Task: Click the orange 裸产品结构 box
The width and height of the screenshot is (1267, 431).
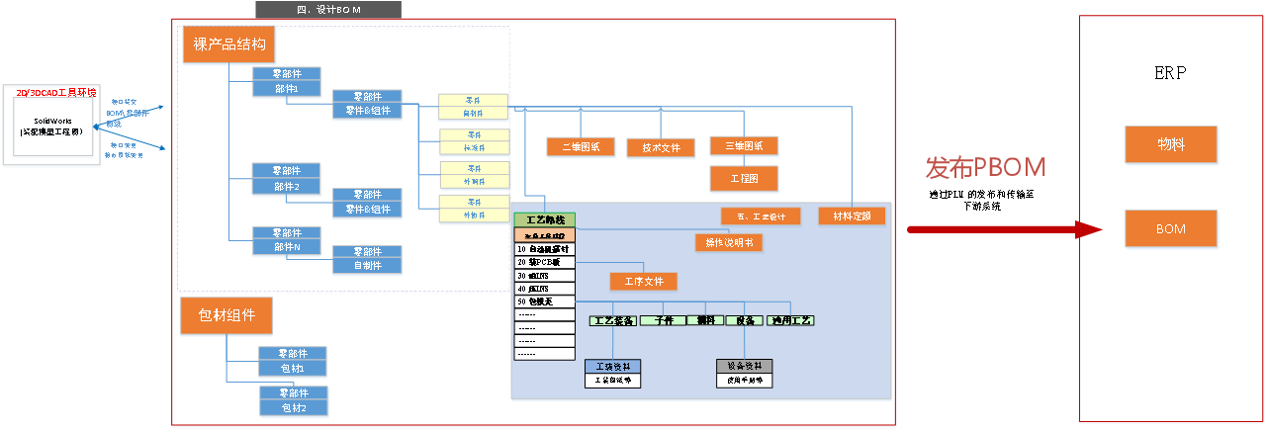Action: click(229, 44)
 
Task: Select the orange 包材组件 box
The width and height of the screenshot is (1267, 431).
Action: click(226, 316)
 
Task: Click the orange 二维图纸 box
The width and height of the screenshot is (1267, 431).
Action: click(581, 147)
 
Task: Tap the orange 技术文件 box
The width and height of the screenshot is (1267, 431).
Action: click(662, 148)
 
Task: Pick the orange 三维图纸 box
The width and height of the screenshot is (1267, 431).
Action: click(744, 146)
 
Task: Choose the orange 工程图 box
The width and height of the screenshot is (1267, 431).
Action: click(744, 179)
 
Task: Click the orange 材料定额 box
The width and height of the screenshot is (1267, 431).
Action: click(852, 215)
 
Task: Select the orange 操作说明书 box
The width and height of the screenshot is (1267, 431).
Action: click(729, 242)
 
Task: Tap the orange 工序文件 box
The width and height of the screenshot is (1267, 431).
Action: click(644, 281)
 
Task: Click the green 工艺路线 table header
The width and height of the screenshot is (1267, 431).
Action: click(544, 219)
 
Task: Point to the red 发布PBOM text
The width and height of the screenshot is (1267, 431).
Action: click(985, 168)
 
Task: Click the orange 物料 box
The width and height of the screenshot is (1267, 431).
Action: click(1171, 145)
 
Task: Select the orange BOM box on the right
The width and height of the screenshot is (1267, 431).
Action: click(1171, 229)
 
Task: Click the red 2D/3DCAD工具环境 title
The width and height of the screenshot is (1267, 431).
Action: click(56, 92)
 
